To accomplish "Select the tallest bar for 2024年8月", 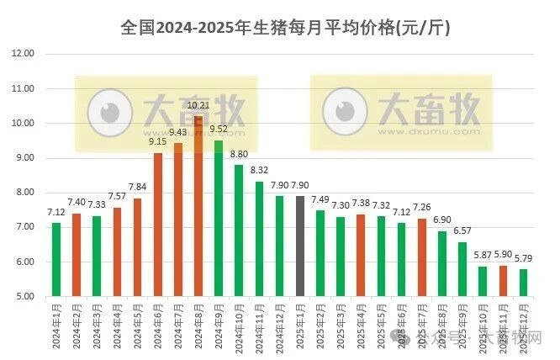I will [198, 206].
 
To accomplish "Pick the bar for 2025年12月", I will [523, 283].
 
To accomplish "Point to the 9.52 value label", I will [219, 129].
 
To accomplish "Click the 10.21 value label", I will [198, 105].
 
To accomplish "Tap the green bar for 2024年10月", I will [239, 230].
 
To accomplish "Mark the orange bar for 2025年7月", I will [421, 257].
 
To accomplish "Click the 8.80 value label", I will [239, 154].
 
